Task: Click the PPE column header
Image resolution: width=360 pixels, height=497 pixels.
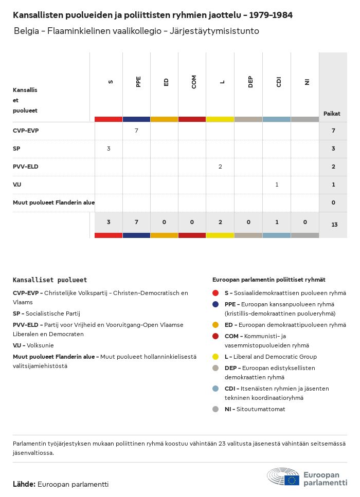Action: click(137, 82)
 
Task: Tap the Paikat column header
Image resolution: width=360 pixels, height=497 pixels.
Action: click(332, 113)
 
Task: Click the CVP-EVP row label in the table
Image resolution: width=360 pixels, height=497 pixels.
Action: click(26, 131)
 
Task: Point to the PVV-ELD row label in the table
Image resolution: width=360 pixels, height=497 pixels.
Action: click(26, 167)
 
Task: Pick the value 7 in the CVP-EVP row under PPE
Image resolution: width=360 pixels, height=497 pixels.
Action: click(136, 131)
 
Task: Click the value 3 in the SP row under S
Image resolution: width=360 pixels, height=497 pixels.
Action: click(109, 149)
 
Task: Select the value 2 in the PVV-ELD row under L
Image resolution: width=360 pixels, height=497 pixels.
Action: click(220, 167)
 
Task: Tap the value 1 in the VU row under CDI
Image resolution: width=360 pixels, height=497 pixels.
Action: click(277, 185)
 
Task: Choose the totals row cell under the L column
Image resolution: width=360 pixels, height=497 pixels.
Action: click(220, 222)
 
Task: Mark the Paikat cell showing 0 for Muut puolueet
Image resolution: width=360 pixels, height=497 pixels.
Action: click(333, 203)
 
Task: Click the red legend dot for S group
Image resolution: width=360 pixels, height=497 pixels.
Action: click(215, 293)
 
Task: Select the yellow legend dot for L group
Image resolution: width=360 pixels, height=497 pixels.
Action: click(215, 357)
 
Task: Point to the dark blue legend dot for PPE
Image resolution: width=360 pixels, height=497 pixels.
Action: click(215, 304)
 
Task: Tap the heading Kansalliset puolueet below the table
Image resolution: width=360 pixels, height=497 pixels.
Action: click(50, 280)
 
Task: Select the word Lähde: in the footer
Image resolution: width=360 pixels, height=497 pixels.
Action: click(24, 484)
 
